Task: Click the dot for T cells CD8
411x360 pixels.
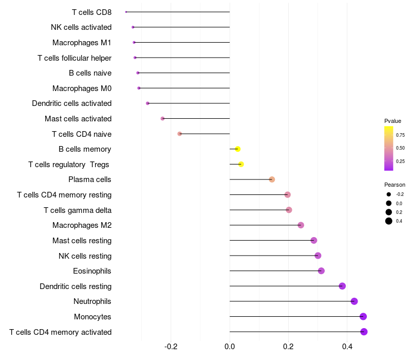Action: tap(126, 12)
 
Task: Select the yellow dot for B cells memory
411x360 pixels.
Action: tap(237, 149)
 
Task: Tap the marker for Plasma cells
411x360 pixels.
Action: tap(272, 179)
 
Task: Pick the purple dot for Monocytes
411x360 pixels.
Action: tap(363, 316)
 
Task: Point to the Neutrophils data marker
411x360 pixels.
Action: tap(354, 301)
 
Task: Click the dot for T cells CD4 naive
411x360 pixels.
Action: tap(179, 134)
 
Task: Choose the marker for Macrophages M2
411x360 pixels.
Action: tap(301, 225)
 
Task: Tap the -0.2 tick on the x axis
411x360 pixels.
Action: tap(171, 347)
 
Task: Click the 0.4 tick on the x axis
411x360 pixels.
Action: tap(347, 347)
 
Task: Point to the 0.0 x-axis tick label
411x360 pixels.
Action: tap(230, 347)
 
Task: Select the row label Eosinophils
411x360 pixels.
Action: tap(92, 271)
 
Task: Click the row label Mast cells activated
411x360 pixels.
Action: tap(78, 119)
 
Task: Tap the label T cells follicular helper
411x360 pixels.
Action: tap(74, 58)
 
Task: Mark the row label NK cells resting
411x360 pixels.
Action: tap(85, 256)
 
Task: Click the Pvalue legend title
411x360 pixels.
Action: tap(393, 121)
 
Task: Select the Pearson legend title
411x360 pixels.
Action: tap(395, 185)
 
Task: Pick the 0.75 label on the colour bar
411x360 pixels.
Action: tap(400, 135)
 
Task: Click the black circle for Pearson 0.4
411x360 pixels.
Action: tap(389, 221)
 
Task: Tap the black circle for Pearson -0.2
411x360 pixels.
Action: tap(389, 194)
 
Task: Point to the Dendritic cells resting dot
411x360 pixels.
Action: tap(342, 286)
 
